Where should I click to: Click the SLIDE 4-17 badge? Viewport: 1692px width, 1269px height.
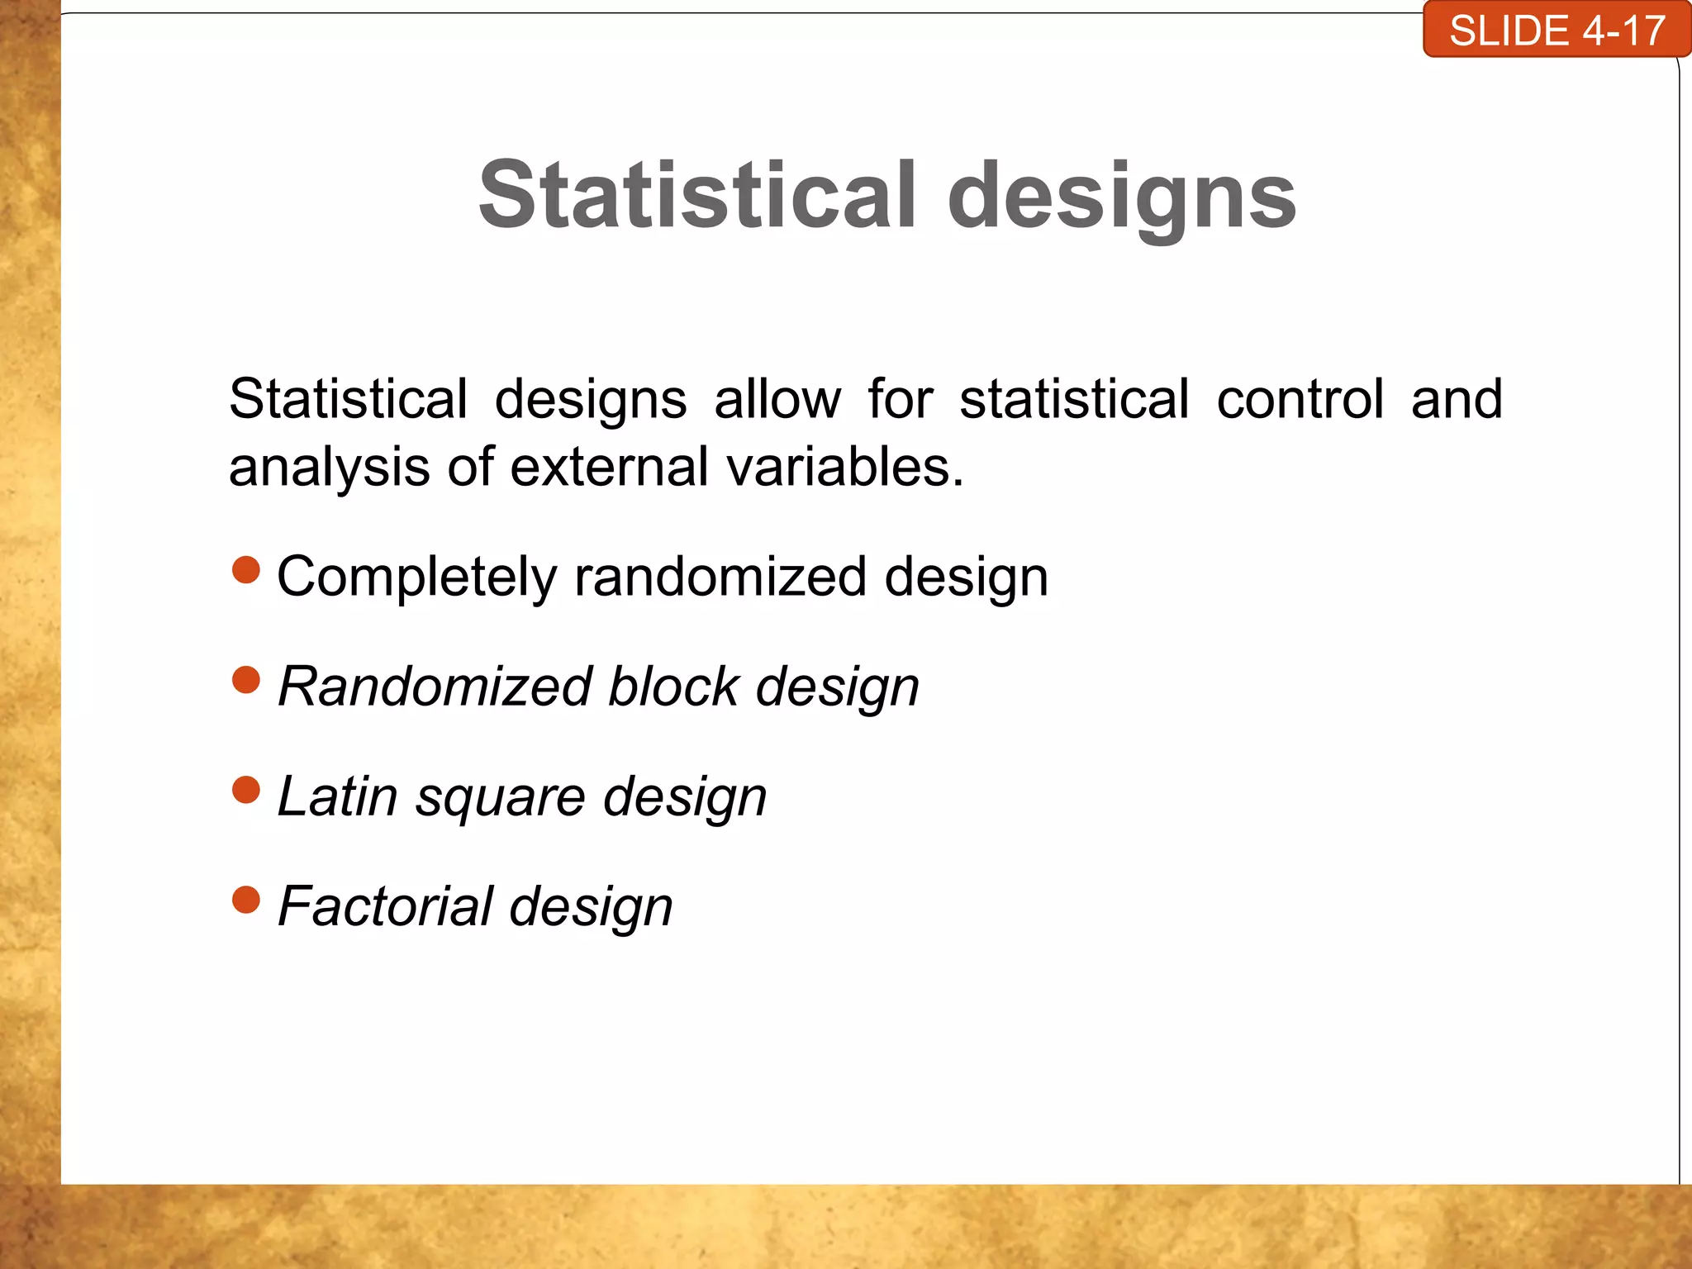click(x=1557, y=31)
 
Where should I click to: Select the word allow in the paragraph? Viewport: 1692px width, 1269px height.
click(x=777, y=399)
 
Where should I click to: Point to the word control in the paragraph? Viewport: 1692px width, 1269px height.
click(x=1300, y=399)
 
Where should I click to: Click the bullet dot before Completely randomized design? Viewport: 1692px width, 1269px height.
click(x=246, y=570)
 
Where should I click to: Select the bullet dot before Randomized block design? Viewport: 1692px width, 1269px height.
click(x=246, y=680)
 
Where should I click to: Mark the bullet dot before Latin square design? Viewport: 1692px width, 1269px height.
click(x=246, y=790)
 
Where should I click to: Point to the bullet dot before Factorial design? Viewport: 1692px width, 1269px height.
click(x=246, y=900)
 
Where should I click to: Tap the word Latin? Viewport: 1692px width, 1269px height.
click(x=337, y=796)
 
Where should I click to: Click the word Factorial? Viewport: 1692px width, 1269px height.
click(x=385, y=906)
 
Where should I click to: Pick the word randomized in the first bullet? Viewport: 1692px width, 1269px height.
click(x=720, y=577)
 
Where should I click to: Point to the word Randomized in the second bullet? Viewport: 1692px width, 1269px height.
click(x=435, y=687)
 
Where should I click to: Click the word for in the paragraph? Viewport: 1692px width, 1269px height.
click(x=901, y=399)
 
